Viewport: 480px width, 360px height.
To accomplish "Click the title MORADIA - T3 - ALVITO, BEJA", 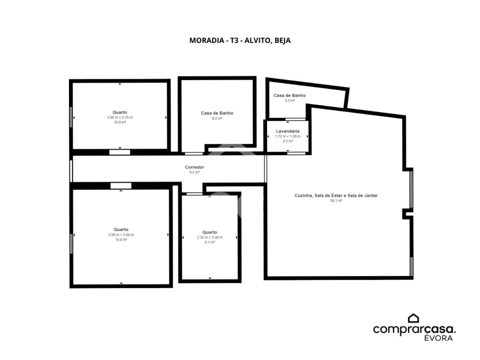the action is click(240, 40).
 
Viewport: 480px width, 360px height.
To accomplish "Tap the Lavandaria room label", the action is click(288, 131).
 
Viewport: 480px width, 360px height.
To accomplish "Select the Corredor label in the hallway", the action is click(194, 167).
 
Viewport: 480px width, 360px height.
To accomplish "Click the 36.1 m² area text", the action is click(336, 201).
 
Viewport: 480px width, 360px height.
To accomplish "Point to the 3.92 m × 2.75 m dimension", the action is click(120, 117).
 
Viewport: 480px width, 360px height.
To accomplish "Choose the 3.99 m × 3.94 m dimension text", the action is click(121, 235).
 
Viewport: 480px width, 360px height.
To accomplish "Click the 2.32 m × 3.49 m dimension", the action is click(210, 237).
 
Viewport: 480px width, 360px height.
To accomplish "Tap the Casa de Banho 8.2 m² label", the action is click(217, 115).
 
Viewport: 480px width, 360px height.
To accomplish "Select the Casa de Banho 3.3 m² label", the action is click(289, 97).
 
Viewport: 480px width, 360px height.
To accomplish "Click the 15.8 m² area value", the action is click(121, 239).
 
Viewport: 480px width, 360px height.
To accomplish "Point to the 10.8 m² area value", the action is click(120, 122).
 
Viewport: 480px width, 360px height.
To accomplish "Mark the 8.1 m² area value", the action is click(210, 242).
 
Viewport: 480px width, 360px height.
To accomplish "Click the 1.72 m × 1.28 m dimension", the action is click(288, 136).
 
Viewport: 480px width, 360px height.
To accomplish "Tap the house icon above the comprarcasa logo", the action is click(413, 318).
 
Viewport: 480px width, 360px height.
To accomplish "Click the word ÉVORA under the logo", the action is click(438, 338).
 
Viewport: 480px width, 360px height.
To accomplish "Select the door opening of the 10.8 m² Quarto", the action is click(119, 152).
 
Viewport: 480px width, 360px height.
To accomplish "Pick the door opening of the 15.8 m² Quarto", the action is click(121, 186).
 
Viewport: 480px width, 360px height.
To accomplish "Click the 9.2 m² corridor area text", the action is click(194, 172).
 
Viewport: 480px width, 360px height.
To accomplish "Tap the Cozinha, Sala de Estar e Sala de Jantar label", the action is click(336, 195).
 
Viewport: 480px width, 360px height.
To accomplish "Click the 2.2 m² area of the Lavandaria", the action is click(288, 141).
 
